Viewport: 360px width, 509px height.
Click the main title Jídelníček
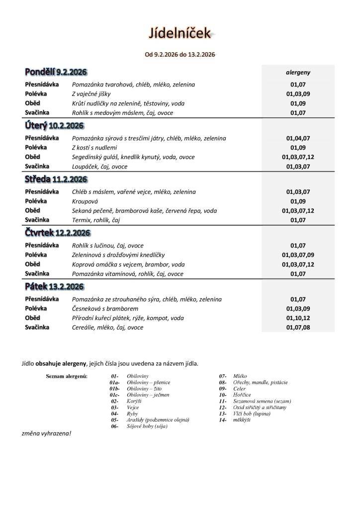(x=180, y=33)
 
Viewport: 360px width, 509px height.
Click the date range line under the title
(x=180, y=54)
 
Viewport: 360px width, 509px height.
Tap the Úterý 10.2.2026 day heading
(x=54, y=126)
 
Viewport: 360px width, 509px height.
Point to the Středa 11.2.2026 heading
(x=56, y=179)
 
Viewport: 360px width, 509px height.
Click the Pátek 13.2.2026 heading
(x=54, y=287)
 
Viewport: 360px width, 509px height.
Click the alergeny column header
(x=298, y=72)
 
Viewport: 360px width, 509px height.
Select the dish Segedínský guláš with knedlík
(x=133, y=157)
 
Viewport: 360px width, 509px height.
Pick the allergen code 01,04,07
(x=298, y=138)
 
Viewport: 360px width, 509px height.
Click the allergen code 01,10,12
(x=298, y=318)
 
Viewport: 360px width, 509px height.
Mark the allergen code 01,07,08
(x=298, y=328)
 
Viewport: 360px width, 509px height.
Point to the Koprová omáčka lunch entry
(x=128, y=264)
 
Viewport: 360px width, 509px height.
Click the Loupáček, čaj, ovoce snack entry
(x=99, y=167)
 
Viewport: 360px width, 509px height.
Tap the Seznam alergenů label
(x=67, y=376)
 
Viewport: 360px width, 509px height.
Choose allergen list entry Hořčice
(x=242, y=395)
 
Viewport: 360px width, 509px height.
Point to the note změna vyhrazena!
(x=46, y=433)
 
